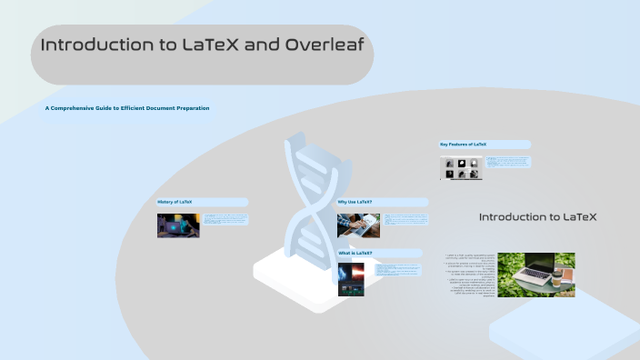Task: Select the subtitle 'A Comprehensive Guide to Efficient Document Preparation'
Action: click(128, 108)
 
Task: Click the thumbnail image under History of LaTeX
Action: click(178, 225)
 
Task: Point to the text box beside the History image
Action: click(225, 219)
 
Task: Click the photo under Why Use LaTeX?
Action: click(358, 225)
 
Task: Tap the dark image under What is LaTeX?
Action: click(351, 279)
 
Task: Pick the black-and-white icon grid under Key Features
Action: click(462, 167)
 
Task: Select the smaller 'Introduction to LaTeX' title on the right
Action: click(537, 217)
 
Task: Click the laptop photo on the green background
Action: click(536, 275)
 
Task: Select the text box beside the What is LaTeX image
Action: click(394, 270)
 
